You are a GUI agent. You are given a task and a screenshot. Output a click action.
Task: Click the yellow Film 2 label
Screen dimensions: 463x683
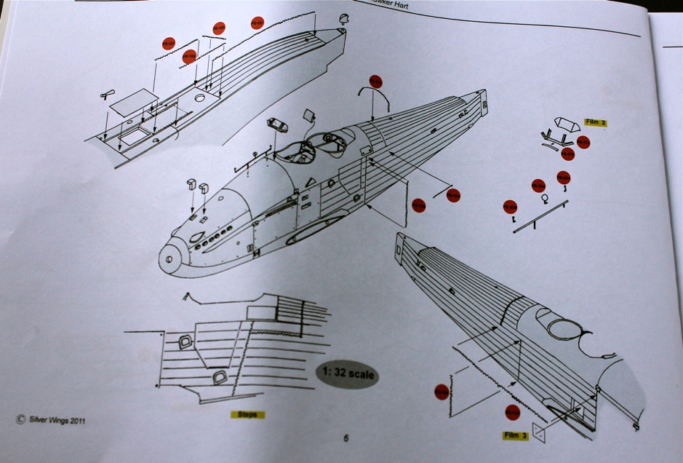pos(595,122)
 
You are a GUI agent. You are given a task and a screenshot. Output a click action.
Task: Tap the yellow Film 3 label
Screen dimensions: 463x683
pos(515,435)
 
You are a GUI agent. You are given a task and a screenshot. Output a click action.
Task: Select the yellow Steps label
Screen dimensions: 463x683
pos(248,415)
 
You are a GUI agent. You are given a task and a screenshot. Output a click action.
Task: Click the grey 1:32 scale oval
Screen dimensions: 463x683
pos(348,374)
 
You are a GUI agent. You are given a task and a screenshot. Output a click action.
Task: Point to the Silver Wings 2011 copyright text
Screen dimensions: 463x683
pos(50,419)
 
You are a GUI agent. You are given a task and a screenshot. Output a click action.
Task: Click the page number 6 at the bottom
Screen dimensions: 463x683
pos(346,438)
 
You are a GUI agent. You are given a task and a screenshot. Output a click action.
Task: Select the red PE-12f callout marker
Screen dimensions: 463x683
pos(169,44)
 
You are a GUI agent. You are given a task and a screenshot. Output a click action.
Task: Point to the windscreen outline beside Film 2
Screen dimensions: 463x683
pos(565,124)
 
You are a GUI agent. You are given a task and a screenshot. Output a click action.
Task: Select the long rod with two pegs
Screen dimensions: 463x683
pos(541,218)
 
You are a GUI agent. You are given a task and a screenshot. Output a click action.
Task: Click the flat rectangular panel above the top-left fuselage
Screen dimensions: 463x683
pos(135,100)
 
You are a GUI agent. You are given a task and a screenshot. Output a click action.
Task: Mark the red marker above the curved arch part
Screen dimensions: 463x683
pos(375,82)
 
